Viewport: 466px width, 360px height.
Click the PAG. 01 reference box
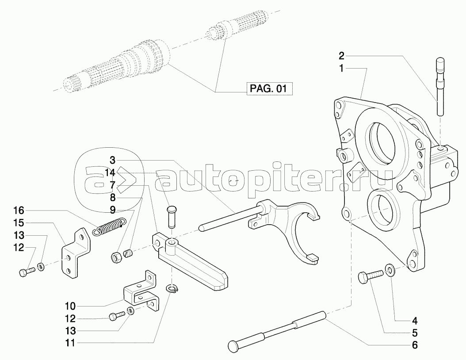(x=269, y=88)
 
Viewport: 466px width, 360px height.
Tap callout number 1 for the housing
(x=341, y=69)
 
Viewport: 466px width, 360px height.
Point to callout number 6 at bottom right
(x=414, y=345)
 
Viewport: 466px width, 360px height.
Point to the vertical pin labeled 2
(x=441, y=88)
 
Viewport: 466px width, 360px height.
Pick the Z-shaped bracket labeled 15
(x=73, y=254)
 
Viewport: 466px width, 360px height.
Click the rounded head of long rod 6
(x=234, y=345)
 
